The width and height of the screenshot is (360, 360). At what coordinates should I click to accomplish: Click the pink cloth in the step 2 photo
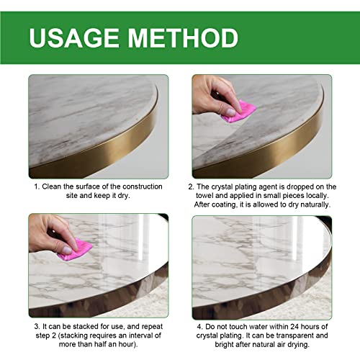240,110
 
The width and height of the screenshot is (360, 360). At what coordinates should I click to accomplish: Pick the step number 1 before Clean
36,186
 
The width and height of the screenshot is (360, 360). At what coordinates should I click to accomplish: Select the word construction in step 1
140,186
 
